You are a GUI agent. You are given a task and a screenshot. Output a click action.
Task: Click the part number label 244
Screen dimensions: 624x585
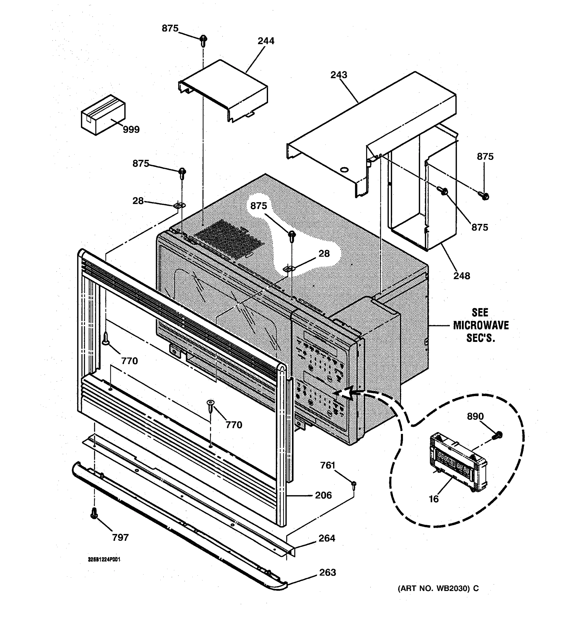tap(266, 41)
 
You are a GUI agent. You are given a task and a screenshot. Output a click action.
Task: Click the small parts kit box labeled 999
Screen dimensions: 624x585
tap(103, 115)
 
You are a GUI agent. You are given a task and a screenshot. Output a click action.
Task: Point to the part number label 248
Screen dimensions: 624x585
tap(461, 276)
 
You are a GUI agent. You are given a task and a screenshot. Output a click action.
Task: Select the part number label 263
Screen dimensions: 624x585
tap(327, 573)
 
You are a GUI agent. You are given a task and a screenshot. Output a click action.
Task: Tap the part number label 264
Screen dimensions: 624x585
tap(327, 538)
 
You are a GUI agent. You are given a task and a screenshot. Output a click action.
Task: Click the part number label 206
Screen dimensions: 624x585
tap(323, 495)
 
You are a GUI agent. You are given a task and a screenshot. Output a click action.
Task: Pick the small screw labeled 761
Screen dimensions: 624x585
tap(354, 486)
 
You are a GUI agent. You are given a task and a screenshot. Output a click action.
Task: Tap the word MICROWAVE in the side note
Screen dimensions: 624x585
tap(481, 326)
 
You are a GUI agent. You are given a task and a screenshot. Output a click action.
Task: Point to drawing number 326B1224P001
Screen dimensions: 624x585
tap(104, 560)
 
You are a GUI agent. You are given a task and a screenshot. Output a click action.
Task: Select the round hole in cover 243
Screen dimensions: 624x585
tap(344, 170)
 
